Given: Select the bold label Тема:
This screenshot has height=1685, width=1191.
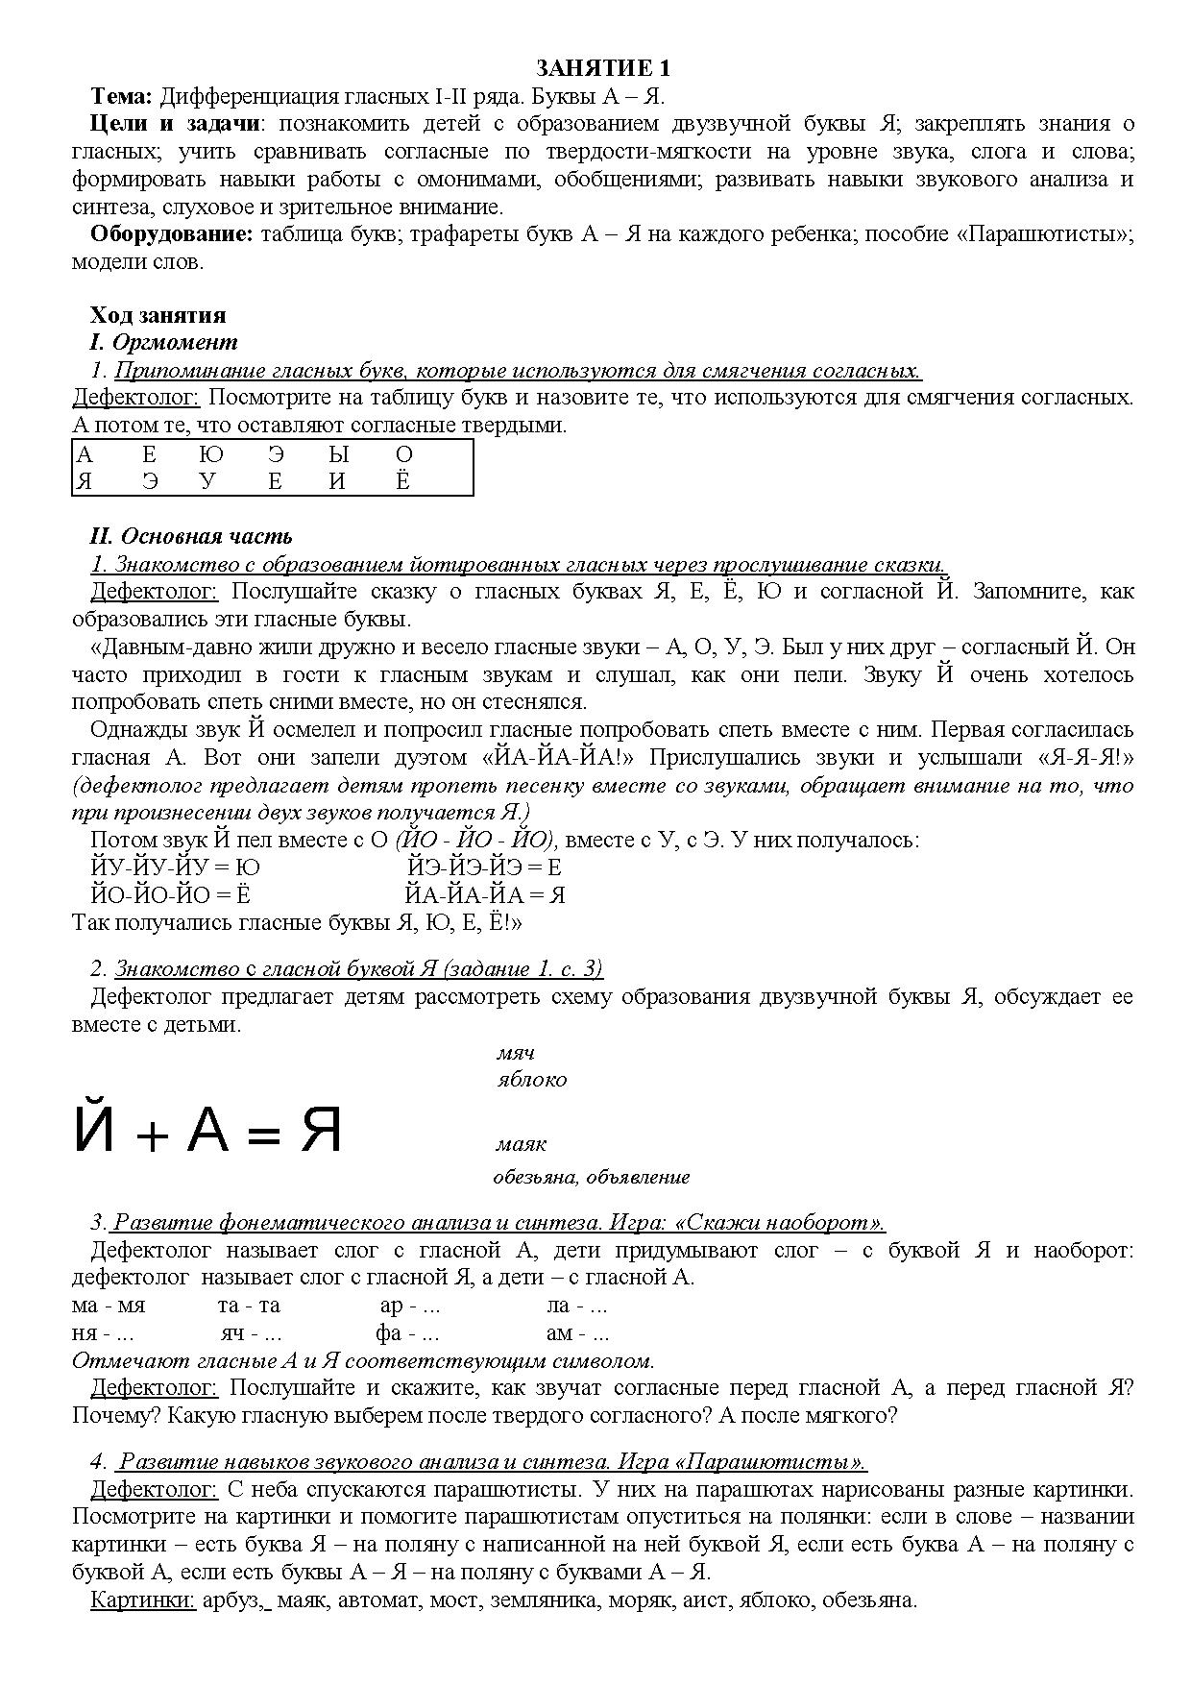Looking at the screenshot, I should point(121,96).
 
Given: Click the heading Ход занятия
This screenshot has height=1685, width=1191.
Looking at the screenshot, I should point(158,315).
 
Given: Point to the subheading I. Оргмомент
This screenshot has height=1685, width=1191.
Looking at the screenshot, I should point(163,342).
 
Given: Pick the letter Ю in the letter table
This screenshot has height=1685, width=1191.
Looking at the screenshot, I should point(210,454).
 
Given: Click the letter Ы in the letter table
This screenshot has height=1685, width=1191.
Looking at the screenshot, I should point(338,454).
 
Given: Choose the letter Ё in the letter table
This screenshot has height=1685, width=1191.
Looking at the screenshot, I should point(402,481).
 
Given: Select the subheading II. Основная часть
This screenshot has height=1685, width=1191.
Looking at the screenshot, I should point(191,536).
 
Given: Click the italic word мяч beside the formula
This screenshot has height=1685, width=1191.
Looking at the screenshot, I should point(515,1053).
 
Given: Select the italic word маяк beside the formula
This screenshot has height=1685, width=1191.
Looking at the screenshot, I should point(521,1144).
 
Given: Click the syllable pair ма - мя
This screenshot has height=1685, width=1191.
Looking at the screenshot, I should point(108,1306).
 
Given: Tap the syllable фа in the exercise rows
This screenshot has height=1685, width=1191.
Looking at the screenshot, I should point(388,1333).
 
